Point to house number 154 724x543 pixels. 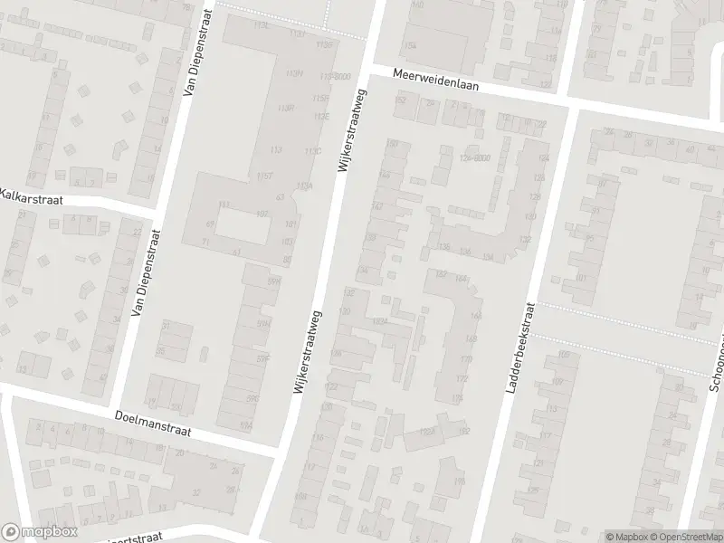(411, 45)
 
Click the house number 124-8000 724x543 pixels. (474, 158)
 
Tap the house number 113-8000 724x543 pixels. (336, 77)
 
